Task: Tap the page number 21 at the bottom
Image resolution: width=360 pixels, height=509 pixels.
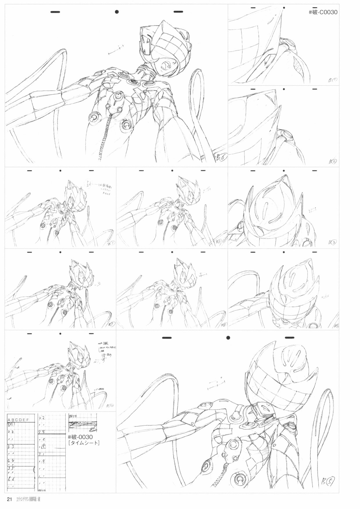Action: tap(9, 499)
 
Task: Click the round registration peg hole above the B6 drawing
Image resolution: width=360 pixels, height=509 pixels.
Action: tap(117, 12)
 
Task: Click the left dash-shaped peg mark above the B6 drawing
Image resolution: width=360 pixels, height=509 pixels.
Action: tap(55, 12)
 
